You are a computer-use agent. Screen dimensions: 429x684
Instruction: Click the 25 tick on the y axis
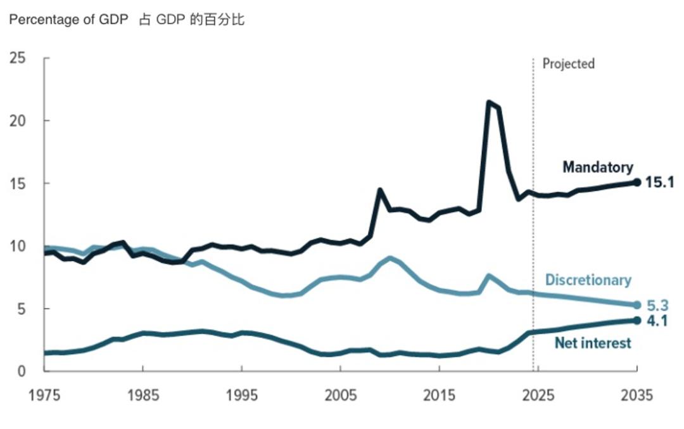[18, 58]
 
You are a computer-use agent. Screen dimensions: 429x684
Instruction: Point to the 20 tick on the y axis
[18, 120]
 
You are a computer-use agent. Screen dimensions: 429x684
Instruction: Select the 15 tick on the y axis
[18, 183]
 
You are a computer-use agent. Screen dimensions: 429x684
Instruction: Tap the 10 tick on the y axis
[18, 246]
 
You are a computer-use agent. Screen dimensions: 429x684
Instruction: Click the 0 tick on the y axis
[21, 371]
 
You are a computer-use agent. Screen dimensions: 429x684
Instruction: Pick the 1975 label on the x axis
[44, 396]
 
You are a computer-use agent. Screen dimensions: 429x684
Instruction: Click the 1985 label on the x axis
[143, 396]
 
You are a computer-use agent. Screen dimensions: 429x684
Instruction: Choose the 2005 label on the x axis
[341, 396]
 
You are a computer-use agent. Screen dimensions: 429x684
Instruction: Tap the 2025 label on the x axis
[538, 396]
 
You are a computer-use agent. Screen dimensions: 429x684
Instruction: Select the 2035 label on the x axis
[636, 396]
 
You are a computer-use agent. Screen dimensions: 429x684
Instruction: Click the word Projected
[569, 64]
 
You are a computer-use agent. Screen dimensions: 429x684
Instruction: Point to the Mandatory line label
[598, 167]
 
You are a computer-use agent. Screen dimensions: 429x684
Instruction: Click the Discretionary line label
[588, 280]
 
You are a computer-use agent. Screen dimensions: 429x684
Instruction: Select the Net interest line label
[593, 343]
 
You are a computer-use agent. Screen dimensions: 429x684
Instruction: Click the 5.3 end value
[659, 305]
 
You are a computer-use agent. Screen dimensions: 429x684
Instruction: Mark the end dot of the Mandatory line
[637, 182]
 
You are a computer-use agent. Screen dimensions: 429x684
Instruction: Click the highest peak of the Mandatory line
[488, 101]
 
